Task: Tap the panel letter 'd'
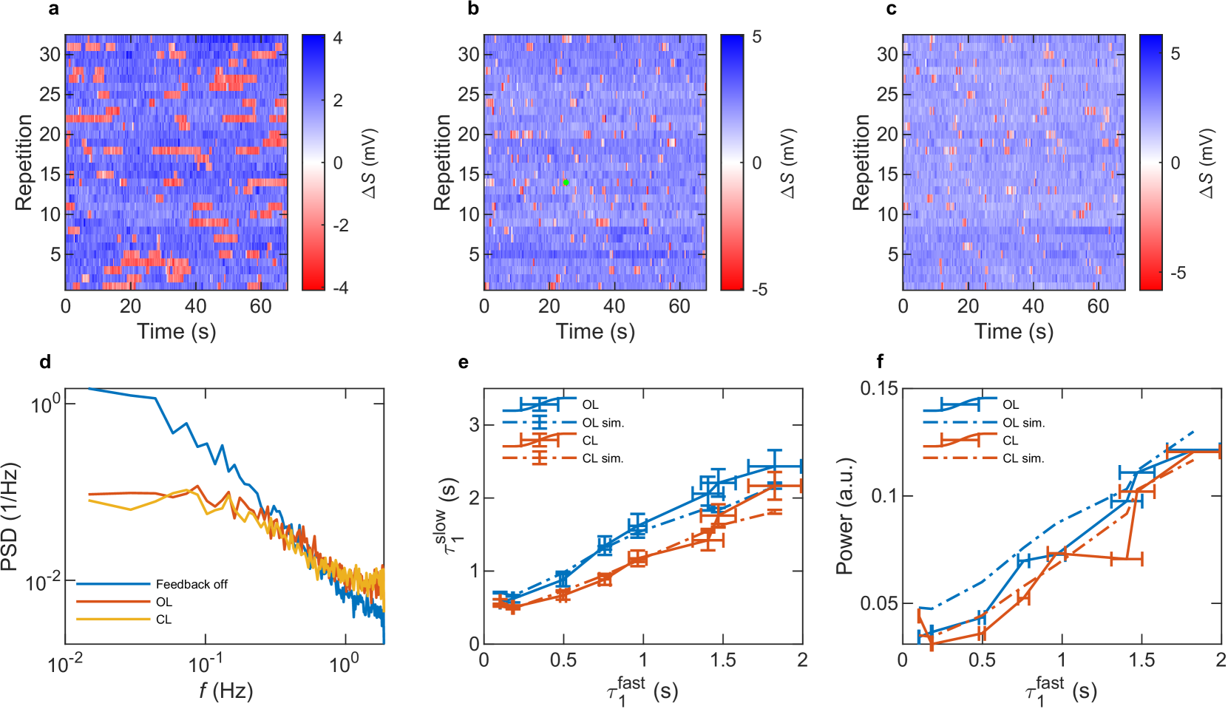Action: coord(46,362)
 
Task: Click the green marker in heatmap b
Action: coord(566,182)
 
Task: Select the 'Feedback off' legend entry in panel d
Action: coord(191,584)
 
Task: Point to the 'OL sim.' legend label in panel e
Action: coord(603,423)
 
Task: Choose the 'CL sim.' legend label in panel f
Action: coord(1023,458)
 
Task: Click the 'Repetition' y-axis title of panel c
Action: coord(861,163)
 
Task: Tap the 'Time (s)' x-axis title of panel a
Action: coord(177,331)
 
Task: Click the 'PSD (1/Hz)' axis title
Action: coord(10,518)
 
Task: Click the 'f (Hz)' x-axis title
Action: coord(225,691)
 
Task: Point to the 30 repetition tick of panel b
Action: coord(469,54)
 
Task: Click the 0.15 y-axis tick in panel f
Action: coord(878,388)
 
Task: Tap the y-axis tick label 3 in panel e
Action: coord(474,425)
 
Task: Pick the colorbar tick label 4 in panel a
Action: coord(337,38)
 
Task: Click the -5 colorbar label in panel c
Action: coord(1178,273)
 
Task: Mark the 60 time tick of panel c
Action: coord(1098,306)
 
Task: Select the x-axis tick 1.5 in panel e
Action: coord(722,659)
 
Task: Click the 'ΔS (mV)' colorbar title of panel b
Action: coord(788,163)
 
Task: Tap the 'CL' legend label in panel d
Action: coord(163,620)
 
